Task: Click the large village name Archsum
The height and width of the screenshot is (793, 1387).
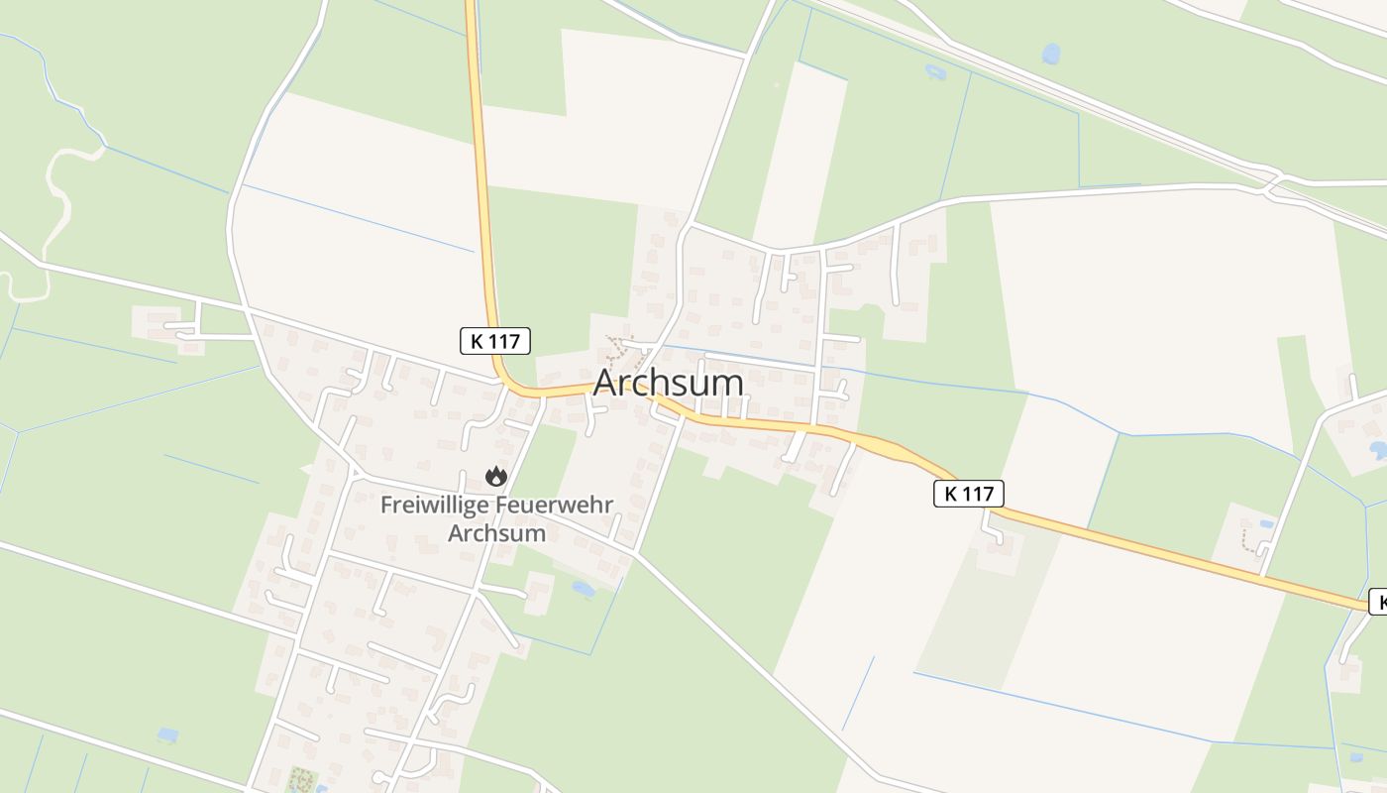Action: pyautogui.click(x=669, y=383)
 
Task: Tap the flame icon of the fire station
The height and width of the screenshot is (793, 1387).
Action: pyautogui.click(x=496, y=477)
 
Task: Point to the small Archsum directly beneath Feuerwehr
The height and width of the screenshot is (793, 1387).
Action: pyautogui.click(x=496, y=532)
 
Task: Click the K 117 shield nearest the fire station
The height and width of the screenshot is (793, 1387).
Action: pyautogui.click(x=495, y=341)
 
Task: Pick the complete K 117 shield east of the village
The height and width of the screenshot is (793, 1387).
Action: pyautogui.click(x=969, y=494)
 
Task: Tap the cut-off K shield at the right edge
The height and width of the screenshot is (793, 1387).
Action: pyautogui.click(x=1378, y=602)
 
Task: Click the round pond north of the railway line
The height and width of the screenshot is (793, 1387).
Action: pyautogui.click(x=1051, y=54)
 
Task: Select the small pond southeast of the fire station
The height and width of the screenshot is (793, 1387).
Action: pyautogui.click(x=584, y=589)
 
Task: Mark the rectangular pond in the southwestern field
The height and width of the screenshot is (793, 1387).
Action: pyautogui.click(x=167, y=735)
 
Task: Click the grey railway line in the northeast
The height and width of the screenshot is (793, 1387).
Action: pyautogui.click(x=1090, y=99)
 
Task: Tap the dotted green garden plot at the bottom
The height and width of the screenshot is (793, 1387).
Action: pyautogui.click(x=298, y=779)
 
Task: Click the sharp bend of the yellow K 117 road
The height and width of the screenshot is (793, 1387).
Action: pyautogui.click(x=505, y=385)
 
